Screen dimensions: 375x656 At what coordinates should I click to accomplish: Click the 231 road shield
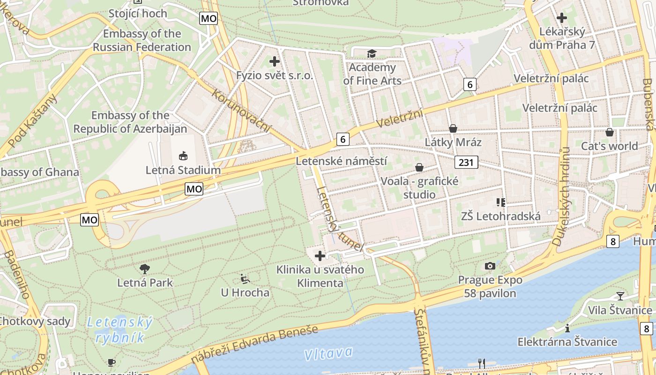(466, 162)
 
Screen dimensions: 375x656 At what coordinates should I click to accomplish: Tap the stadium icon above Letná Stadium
(183, 156)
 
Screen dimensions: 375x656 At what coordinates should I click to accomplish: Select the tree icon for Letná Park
(145, 269)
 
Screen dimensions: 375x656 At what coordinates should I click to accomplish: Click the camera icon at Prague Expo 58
(490, 266)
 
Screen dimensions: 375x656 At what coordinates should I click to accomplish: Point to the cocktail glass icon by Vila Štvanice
(620, 296)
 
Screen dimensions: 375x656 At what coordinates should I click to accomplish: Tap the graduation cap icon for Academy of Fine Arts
(372, 53)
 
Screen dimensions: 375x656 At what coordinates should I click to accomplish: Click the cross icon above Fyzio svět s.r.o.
(275, 61)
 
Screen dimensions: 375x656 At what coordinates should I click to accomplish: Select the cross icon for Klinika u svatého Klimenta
(320, 256)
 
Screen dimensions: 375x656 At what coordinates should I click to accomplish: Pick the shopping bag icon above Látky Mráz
(453, 128)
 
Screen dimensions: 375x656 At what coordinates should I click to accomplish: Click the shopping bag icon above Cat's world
(610, 132)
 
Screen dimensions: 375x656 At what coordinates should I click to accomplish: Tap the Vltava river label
(328, 353)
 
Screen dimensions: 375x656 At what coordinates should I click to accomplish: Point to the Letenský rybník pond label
(120, 330)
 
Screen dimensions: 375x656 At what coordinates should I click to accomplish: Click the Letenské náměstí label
(342, 161)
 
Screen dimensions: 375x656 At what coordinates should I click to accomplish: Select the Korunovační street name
(241, 110)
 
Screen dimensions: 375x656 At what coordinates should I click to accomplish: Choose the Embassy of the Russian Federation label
(142, 40)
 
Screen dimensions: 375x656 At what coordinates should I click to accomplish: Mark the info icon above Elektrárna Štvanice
(567, 328)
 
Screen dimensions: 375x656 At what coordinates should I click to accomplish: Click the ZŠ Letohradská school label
(501, 216)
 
